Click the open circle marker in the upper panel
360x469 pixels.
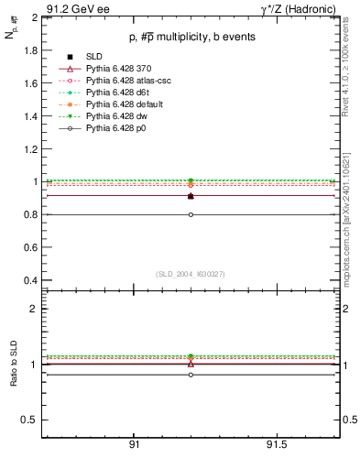click(191, 214)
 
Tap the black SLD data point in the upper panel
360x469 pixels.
click(191, 196)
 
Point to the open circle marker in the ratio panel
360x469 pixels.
click(191, 375)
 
